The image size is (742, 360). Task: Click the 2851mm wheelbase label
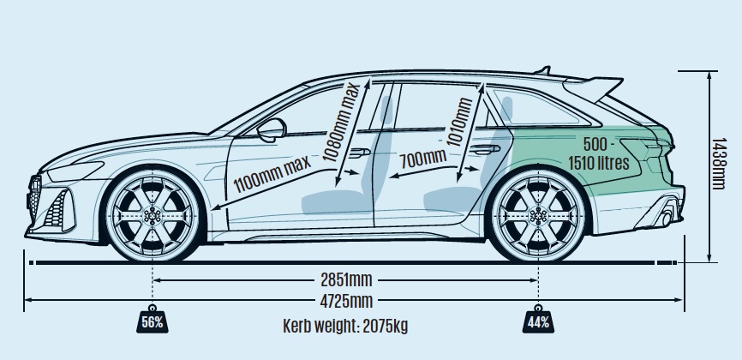(x=346, y=280)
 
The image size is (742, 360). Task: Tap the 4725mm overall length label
(x=346, y=300)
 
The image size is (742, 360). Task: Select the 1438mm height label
(x=718, y=164)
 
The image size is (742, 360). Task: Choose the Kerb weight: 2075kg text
(x=345, y=326)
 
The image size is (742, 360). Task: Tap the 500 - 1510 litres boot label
(x=599, y=153)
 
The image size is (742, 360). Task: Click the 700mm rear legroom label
(x=422, y=159)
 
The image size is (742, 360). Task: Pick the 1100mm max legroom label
(x=272, y=173)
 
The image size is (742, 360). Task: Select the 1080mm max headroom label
(x=341, y=123)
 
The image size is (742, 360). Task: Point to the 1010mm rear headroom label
(x=459, y=123)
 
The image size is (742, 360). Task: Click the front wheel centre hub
(x=153, y=216)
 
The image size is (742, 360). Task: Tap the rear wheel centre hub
(x=539, y=216)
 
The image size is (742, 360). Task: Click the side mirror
(x=272, y=129)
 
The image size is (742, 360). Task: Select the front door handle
(x=360, y=153)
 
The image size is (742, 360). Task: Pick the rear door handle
(x=485, y=150)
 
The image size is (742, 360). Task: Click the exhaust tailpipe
(x=667, y=219)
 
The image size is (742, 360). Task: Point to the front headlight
(x=75, y=171)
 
